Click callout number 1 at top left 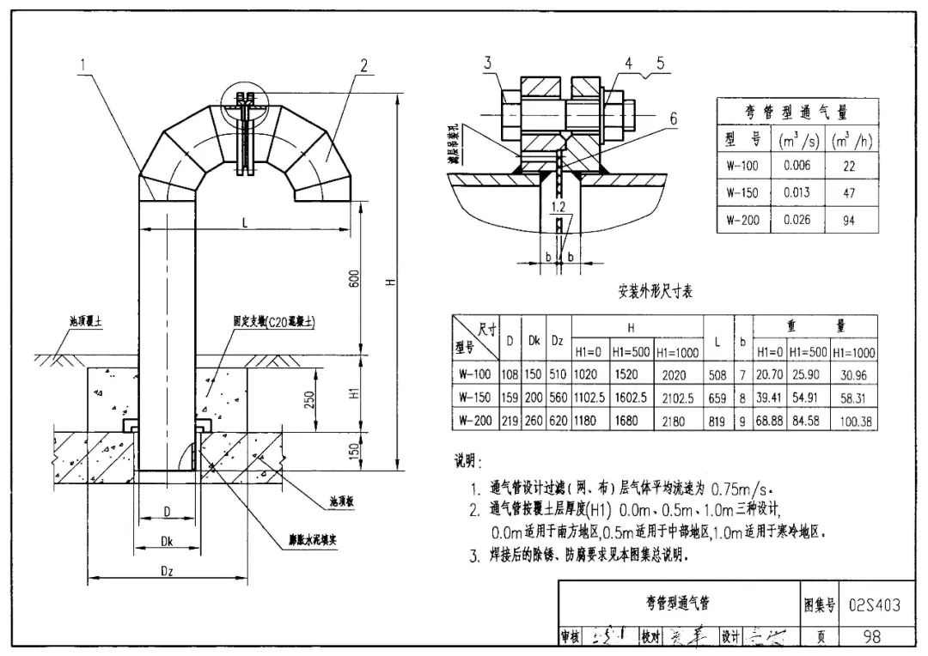tap(84, 63)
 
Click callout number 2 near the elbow tap(364, 65)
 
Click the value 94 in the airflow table tap(850, 220)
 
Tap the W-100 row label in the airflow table tap(742, 164)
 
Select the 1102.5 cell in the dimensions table tap(589, 398)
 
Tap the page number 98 tap(873, 636)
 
